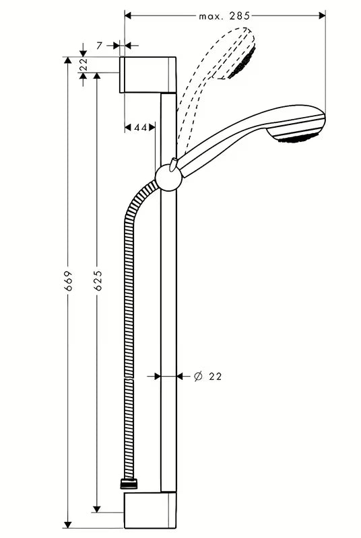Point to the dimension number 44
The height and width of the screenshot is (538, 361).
pos(140,126)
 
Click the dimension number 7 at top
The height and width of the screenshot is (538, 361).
pos(99,45)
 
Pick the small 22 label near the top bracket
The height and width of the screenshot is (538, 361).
pos(84,65)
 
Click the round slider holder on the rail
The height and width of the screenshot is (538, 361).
pos(168,178)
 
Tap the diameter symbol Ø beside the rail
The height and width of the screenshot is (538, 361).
pos(198,377)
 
